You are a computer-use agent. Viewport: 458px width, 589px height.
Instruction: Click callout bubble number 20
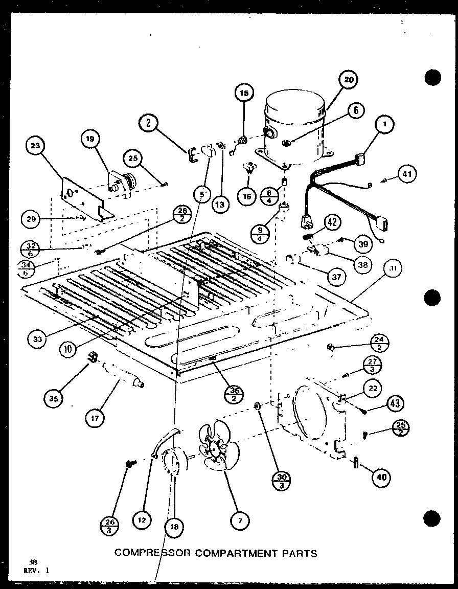tap(348, 80)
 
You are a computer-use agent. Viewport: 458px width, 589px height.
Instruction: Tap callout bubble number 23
tap(35, 145)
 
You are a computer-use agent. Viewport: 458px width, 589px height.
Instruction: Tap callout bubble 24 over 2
tap(381, 344)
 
